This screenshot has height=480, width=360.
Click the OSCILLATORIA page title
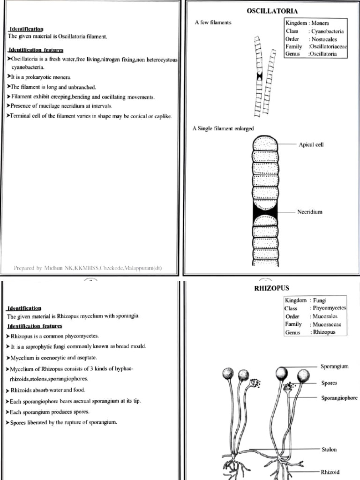(x=272, y=11)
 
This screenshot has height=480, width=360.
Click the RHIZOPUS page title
(x=271, y=288)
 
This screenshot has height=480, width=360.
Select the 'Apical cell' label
(x=311, y=144)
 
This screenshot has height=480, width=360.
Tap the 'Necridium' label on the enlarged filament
(x=309, y=212)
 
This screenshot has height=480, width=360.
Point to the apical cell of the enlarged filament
(x=265, y=143)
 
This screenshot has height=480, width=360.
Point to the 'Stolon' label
(x=329, y=450)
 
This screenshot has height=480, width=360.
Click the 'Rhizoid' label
(x=330, y=472)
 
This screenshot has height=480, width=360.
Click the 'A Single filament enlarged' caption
(x=223, y=128)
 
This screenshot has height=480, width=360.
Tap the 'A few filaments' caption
(x=213, y=22)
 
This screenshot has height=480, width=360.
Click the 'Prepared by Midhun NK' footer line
(x=88, y=268)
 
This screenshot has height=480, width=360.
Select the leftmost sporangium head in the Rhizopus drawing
(x=228, y=374)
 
